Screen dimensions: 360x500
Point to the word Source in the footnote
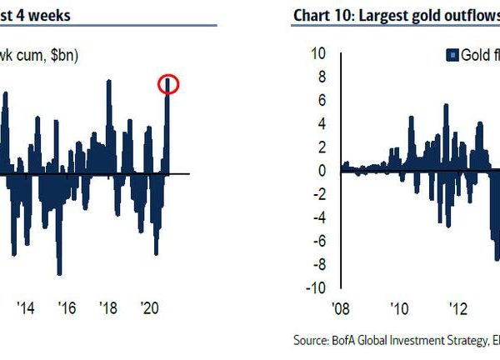(x=312, y=340)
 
